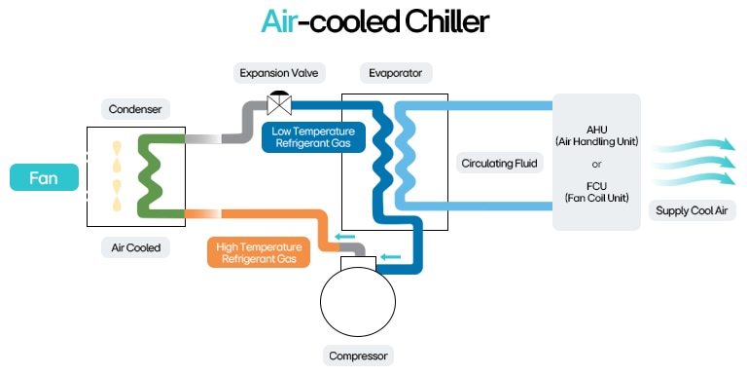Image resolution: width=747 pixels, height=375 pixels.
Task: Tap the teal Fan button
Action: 44,178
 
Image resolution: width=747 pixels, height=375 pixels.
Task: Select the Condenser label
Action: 134,108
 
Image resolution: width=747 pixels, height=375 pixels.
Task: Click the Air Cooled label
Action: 135,247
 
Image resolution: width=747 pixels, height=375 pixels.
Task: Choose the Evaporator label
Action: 395,73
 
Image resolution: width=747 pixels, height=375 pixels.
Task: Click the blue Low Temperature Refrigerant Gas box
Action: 313,137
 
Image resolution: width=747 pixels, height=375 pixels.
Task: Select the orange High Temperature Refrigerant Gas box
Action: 258,252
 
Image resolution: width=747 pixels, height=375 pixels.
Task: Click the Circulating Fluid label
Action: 500,163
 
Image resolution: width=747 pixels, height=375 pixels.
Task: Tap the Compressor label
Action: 359,356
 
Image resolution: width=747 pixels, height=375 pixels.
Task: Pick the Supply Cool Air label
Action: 695,210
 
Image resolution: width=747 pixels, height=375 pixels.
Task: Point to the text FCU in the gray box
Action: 596,185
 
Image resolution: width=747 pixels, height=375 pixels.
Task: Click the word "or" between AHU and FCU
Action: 596,162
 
